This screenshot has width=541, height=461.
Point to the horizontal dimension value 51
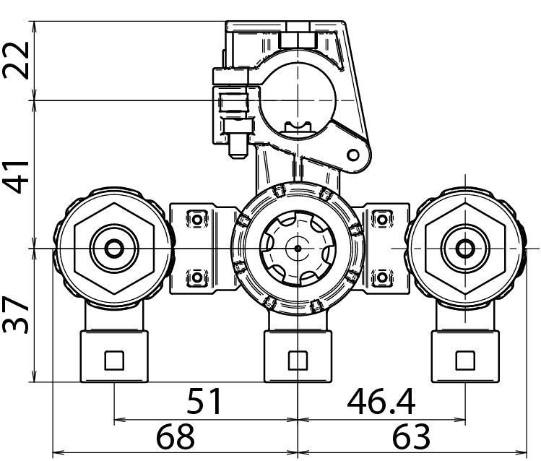205,402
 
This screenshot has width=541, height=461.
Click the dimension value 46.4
381,402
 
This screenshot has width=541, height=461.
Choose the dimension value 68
176,437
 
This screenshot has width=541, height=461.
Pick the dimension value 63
411,437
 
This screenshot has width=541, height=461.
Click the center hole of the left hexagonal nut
113,249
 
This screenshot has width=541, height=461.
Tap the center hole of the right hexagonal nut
463,249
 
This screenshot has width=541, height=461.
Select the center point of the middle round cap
297,248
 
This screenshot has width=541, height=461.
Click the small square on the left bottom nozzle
114,358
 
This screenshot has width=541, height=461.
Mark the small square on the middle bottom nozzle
297,358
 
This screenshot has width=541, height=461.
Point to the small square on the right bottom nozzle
463,358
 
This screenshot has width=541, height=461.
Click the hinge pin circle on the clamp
353,154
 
